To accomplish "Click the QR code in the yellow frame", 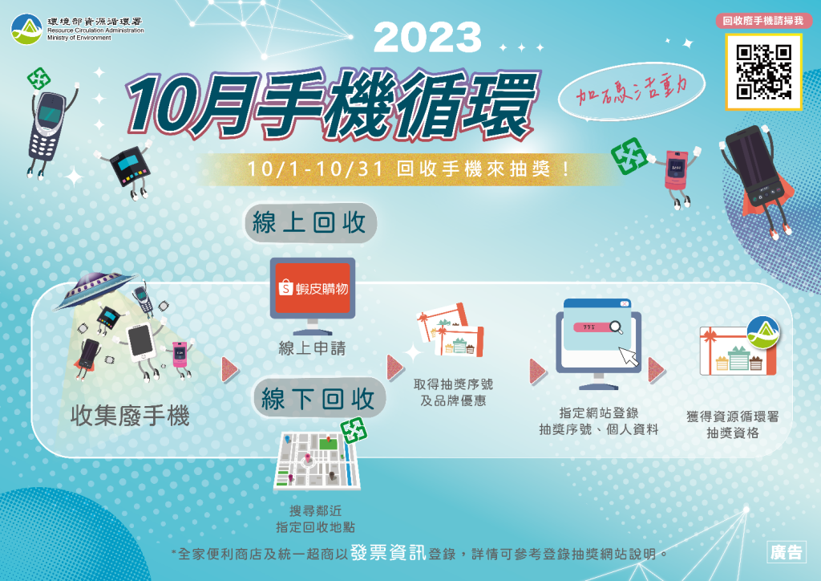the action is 763,71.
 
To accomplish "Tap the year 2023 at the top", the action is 427,38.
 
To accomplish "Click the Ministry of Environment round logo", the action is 26,30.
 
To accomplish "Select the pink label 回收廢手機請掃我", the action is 763,21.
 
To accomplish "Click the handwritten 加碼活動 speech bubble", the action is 631,92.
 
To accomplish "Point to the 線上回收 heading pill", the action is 310,222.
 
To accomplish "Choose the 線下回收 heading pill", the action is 319,399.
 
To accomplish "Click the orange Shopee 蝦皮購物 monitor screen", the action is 313,288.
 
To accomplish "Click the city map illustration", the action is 317,461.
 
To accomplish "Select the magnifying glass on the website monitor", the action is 617,327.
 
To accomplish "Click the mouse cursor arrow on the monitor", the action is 629,356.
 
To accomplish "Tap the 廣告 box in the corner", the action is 786,552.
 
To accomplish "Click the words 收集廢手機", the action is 130,416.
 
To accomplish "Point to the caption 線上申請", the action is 312,348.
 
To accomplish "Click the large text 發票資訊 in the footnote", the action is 389,553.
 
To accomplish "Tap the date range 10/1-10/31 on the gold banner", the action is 316,169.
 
